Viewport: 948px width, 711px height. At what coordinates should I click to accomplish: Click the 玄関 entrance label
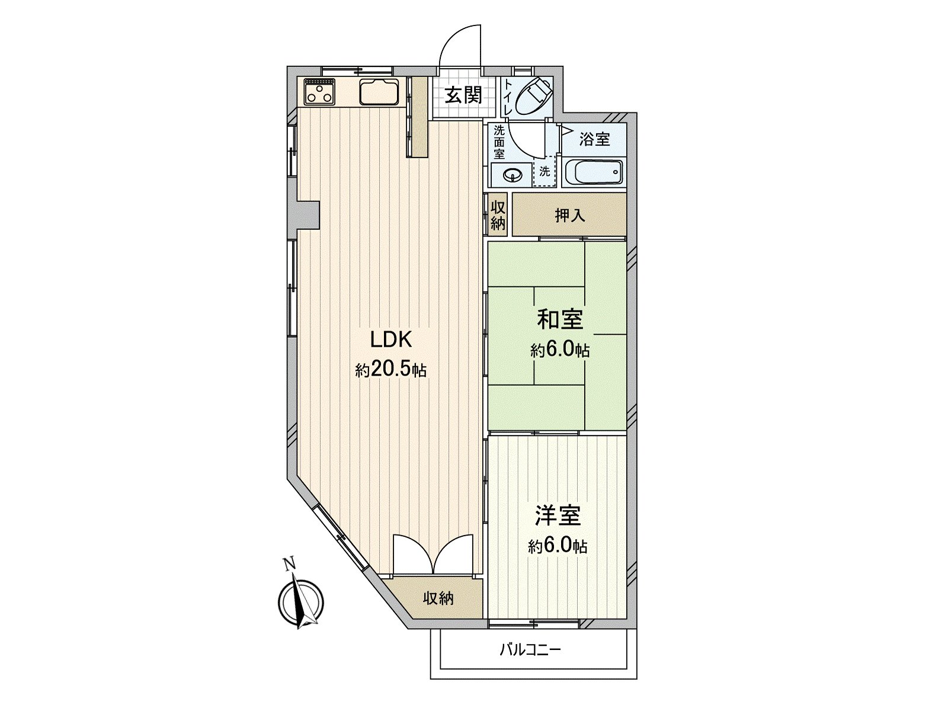click(463, 95)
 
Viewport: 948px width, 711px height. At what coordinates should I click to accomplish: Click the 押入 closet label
click(569, 216)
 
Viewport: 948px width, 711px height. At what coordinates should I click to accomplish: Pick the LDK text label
click(391, 340)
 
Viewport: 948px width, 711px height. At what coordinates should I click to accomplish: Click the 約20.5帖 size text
click(391, 370)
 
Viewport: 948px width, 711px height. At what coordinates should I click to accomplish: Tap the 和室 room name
click(560, 320)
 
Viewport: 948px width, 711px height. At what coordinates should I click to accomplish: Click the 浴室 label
click(594, 139)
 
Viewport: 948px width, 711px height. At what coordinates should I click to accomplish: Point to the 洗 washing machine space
click(545, 171)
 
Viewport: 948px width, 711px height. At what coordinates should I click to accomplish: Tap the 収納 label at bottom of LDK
click(438, 599)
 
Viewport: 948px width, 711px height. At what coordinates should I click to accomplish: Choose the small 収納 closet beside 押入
click(498, 216)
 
